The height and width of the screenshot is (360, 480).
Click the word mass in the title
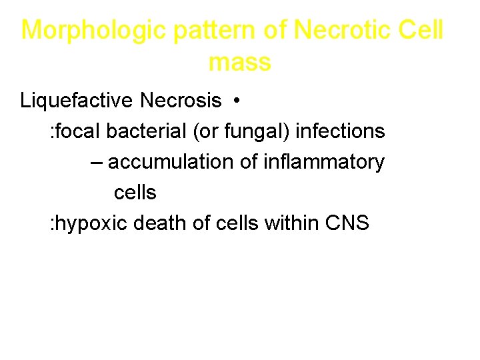[239, 63]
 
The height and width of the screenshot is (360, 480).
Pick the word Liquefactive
[77, 101]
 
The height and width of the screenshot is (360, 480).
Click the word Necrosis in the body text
[181, 101]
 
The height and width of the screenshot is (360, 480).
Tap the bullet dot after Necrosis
[236, 101]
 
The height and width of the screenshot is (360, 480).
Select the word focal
[78, 131]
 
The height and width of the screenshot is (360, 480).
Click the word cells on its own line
[135, 193]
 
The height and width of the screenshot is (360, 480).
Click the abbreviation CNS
[347, 223]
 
